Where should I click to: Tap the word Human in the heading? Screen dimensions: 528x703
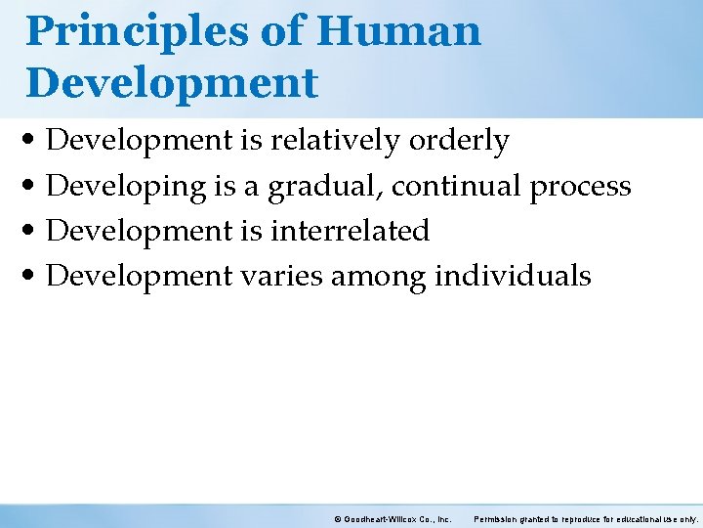tap(399, 31)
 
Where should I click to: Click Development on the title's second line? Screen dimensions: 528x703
tap(172, 83)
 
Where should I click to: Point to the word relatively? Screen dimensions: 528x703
tap(335, 141)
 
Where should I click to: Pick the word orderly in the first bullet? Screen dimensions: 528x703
tap(459, 143)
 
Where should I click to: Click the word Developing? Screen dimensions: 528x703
tap(123, 187)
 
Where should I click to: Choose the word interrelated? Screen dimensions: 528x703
tap(350, 231)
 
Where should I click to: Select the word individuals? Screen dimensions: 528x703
tap(513, 276)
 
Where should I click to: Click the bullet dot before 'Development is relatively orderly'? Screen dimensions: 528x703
tap(34, 143)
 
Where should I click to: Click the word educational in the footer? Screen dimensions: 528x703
tap(638, 518)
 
